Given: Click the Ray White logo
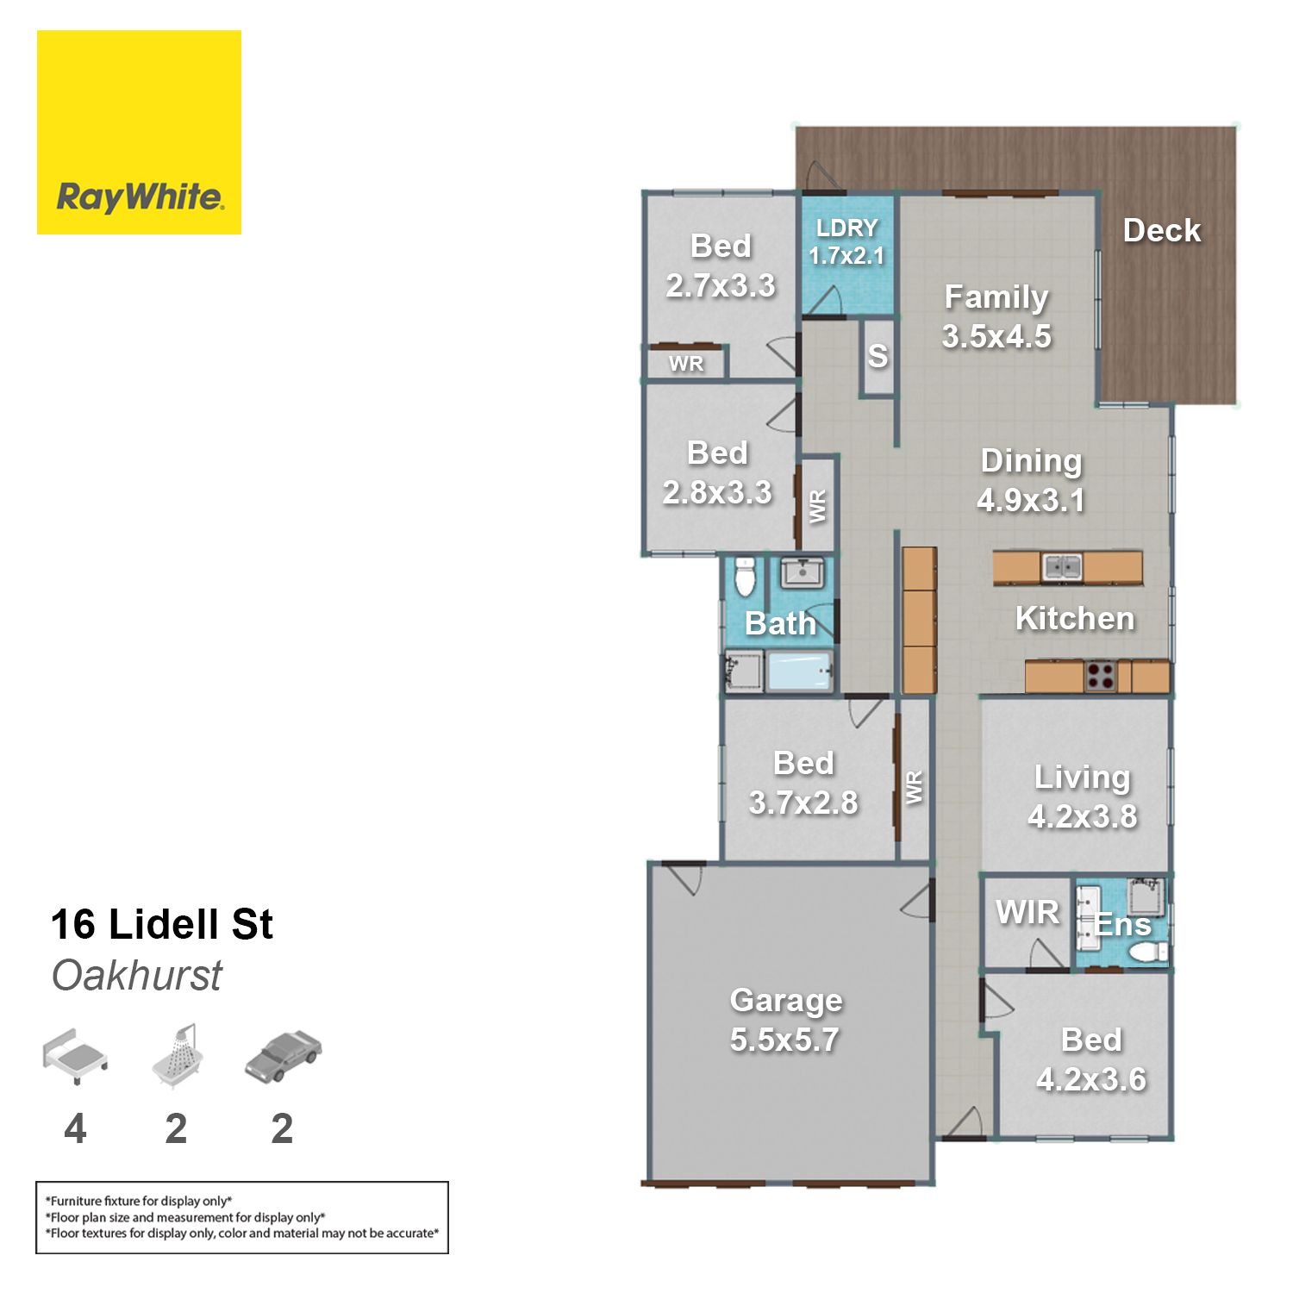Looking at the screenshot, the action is (139, 132).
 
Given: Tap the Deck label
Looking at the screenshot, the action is (1162, 230).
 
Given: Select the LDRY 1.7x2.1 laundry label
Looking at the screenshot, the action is (846, 241).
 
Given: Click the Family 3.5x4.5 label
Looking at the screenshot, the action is (996, 316).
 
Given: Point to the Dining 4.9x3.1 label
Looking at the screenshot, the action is (1031, 480).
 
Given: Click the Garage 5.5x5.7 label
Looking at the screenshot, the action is (785, 1020).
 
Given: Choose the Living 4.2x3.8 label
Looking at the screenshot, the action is (1082, 796).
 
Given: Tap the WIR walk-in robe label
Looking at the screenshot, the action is (1028, 912).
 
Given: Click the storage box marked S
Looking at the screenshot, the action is (878, 357).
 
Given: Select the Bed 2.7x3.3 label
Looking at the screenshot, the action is (721, 265).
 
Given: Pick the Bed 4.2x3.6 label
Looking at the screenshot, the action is (1091, 1059).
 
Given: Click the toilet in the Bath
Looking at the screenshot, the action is (745, 576).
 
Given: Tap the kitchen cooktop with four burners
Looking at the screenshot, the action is (1101, 676).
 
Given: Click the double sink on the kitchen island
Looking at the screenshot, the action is (1062, 567).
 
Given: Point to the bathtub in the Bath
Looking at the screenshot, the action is (799, 671).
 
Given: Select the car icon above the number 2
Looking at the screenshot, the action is (284, 1056).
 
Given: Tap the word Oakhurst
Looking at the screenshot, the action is (136, 976).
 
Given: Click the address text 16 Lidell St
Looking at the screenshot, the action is (161, 924).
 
